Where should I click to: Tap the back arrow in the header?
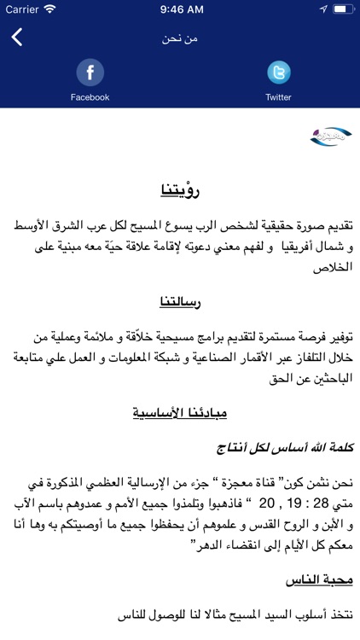coord(17,38)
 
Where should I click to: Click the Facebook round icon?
coord(90,72)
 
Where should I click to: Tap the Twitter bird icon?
coord(278,72)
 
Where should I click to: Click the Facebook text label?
coord(90,97)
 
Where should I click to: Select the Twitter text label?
coord(278,97)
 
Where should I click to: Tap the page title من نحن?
coord(180,39)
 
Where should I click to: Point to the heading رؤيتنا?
coord(180,189)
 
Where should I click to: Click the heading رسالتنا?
coord(180,302)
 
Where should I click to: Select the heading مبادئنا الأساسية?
coord(180,414)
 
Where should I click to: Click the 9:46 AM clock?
coord(180,9)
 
